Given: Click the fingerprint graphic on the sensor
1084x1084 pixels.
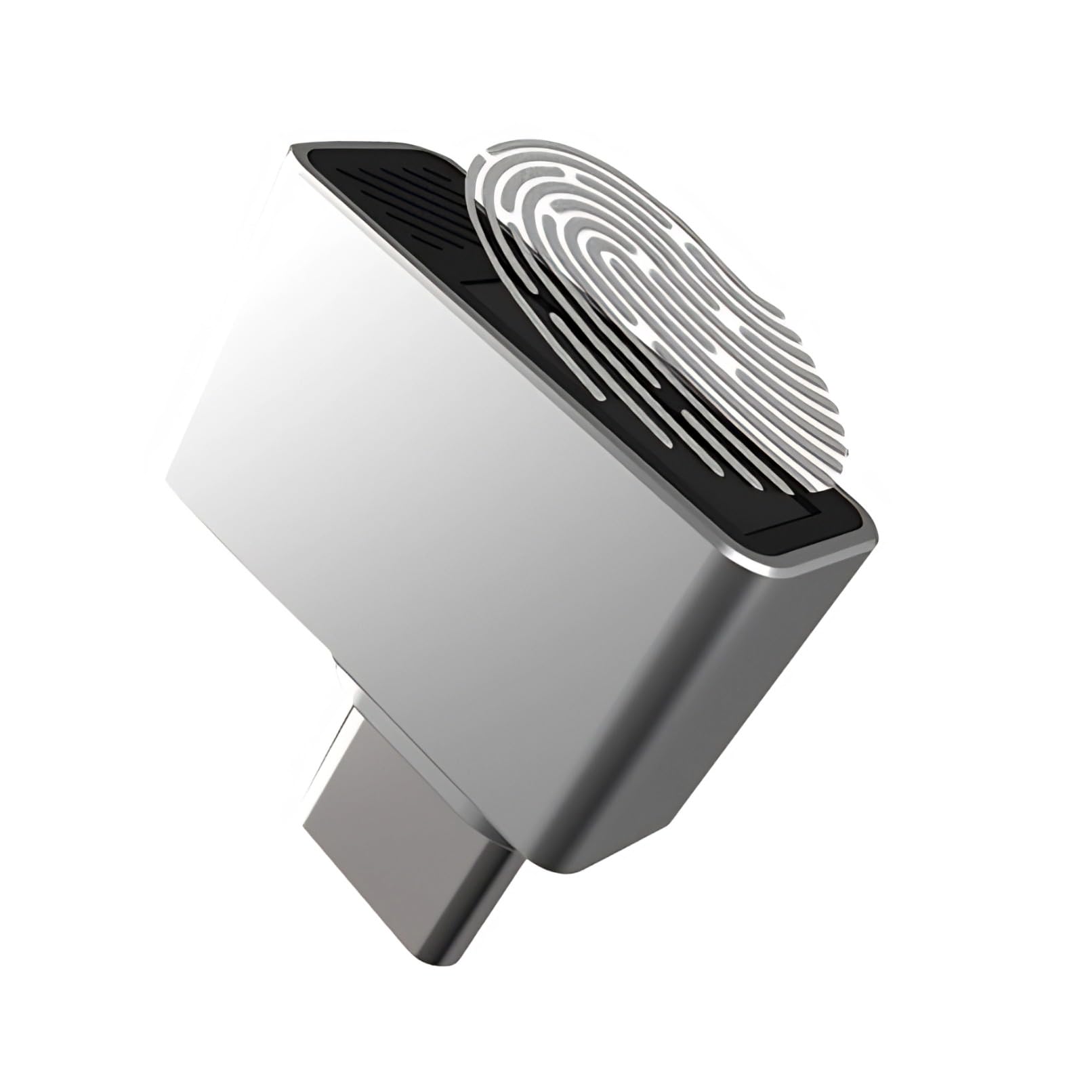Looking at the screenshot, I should pos(644,305).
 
